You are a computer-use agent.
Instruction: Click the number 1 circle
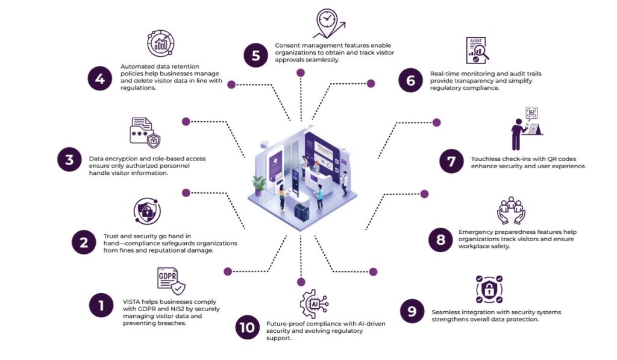[101, 305]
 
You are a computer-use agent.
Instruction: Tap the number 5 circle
[255, 56]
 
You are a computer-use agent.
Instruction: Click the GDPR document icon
[171, 280]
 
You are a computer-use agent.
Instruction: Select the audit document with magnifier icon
[477, 51]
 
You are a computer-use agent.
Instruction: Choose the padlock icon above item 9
[489, 289]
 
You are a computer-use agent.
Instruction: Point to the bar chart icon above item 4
[161, 43]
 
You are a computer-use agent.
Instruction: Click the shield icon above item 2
[147, 212]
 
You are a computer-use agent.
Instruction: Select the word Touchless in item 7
[487, 159]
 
